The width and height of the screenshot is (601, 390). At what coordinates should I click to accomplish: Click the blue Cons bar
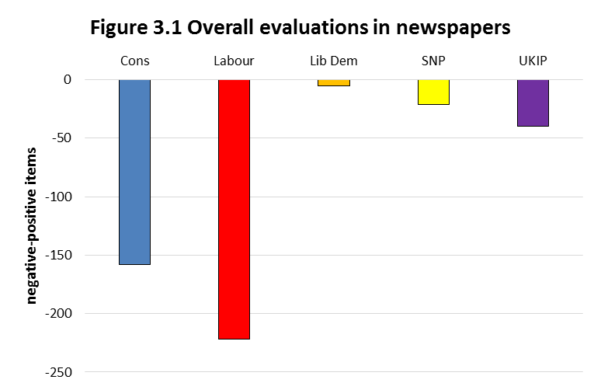(134, 172)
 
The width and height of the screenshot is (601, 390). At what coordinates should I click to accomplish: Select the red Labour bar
(234, 209)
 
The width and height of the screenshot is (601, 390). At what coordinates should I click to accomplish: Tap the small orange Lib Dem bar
(334, 82)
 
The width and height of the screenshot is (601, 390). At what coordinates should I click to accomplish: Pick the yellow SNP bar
(433, 92)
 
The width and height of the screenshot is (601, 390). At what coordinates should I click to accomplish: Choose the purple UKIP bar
(533, 103)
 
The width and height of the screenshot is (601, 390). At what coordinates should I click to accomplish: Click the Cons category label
(134, 61)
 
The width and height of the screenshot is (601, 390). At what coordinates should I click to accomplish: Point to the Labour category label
(234, 61)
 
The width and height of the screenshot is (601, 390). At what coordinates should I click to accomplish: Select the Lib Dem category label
(334, 61)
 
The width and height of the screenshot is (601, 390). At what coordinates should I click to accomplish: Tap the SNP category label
(433, 61)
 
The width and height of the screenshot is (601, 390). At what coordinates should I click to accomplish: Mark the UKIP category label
(533, 61)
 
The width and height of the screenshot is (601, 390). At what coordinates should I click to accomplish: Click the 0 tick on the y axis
(68, 79)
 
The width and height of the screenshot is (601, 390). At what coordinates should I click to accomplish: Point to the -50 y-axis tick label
(61, 138)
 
